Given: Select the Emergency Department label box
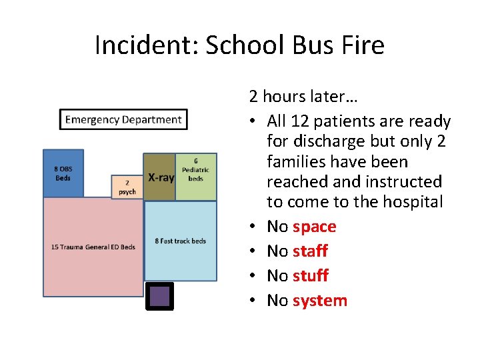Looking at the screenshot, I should (x=123, y=120).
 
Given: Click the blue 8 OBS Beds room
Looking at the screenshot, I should (x=63, y=173).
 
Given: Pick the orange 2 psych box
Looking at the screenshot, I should (x=127, y=187).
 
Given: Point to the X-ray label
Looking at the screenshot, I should (x=161, y=178).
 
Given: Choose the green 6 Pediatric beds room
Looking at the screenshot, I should (x=196, y=177).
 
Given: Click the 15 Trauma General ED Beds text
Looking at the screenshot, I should (x=93, y=247).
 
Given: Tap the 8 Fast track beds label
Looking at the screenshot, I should (x=181, y=241).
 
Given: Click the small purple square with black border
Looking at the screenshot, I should (x=160, y=297).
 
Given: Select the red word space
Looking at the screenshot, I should (x=314, y=227).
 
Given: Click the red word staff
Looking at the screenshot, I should (x=310, y=251).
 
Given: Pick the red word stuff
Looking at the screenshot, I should (x=310, y=276).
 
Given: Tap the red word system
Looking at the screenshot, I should (x=320, y=301).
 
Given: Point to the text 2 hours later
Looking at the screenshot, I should (x=303, y=97).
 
